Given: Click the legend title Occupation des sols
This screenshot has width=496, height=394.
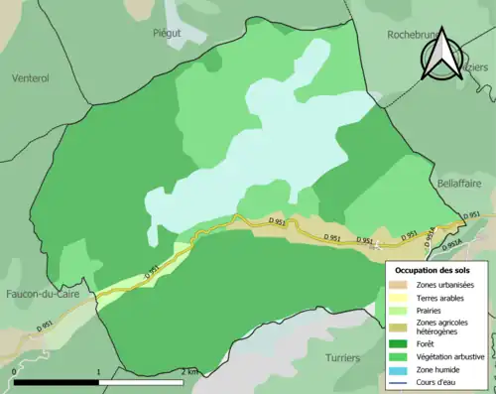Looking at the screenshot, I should tap(433, 269).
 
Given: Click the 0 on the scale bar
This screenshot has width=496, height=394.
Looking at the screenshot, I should tap(13, 371).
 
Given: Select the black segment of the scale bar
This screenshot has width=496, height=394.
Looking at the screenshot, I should tap(57, 382).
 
